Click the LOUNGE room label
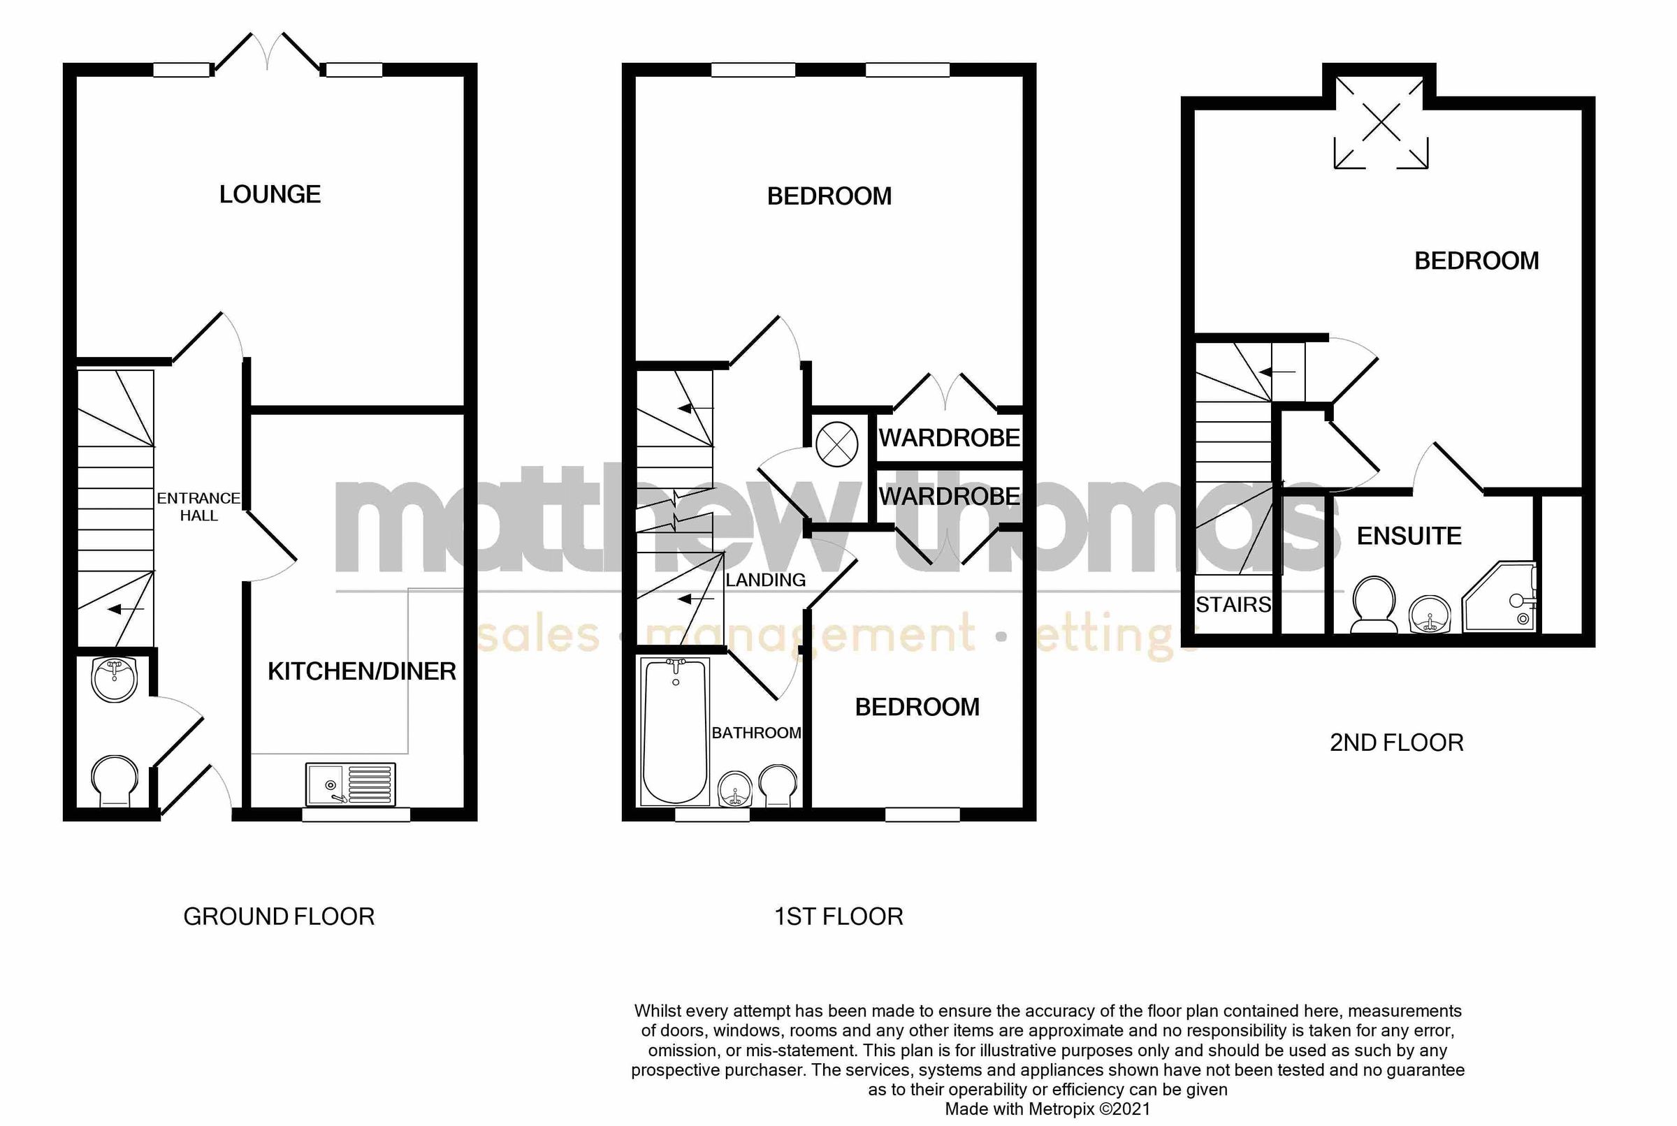(x=269, y=194)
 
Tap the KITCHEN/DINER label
(x=361, y=671)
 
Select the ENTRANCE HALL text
(x=198, y=506)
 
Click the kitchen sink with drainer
(x=351, y=784)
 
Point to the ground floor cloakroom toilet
(x=114, y=780)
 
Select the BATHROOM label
(x=755, y=733)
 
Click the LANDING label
(x=765, y=580)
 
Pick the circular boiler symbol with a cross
(x=836, y=444)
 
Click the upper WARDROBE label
(x=949, y=437)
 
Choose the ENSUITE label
(x=1409, y=536)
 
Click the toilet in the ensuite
(x=1373, y=605)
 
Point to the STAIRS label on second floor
(x=1233, y=605)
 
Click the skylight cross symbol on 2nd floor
(x=1381, y=123)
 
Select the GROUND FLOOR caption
(x=279, y=916)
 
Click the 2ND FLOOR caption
(x=1396, y=743)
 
